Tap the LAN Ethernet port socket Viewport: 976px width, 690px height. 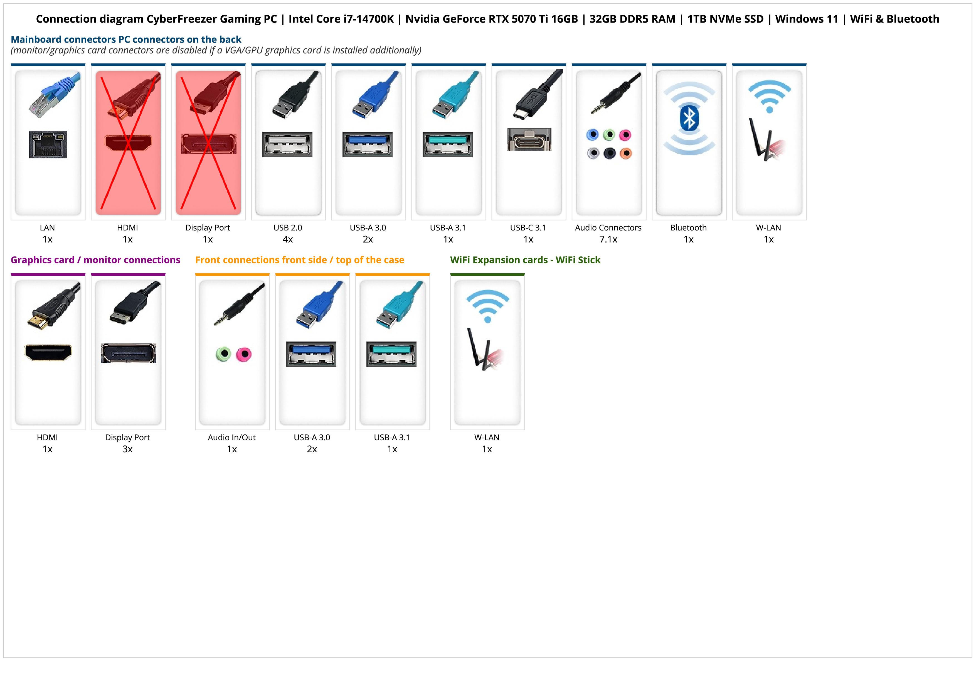tap(48, 144)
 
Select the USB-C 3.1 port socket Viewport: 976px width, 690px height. tap(529, 139)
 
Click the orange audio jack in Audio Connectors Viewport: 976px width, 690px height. tap(625, 153)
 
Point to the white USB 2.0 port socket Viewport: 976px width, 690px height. tap(287, 144)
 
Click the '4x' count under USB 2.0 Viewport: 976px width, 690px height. tap(288, 239)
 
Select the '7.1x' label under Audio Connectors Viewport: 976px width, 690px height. tap(608, 239)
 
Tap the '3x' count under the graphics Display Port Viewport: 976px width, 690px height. tap(127, 449)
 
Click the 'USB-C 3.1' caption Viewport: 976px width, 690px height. tap(528, 227)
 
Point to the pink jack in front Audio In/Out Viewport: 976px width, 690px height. tap(244, 354)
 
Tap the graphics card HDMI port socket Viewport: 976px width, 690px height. tap(48, 352)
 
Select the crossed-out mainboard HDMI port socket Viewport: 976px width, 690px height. tap(128, 143)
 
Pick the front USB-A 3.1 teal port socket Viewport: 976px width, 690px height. tap(391, 354)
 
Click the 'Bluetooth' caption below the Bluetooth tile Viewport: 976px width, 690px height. tap(688, 227)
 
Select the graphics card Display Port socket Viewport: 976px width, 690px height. tap(128, 353)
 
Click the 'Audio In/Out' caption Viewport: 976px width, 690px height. tap(232, 438)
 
